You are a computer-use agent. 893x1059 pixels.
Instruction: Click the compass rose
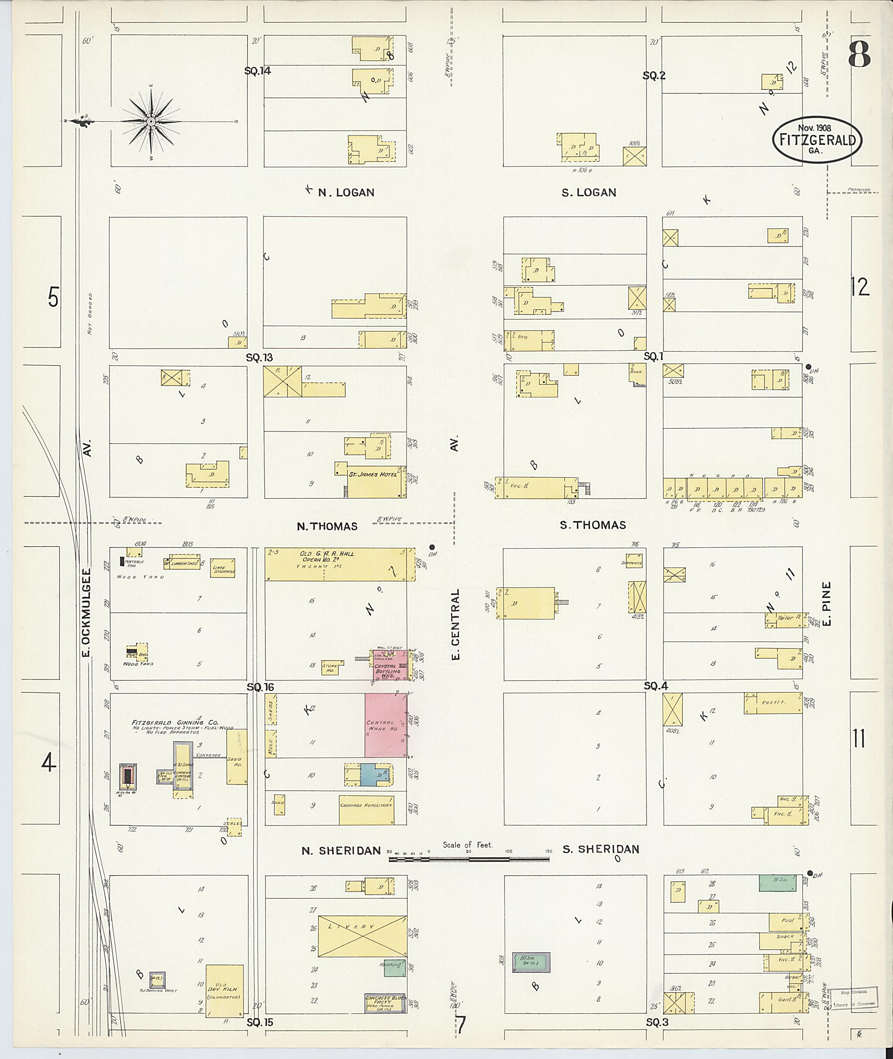pos(151,122)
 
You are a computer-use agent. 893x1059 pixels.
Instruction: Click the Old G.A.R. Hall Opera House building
pos(339,563)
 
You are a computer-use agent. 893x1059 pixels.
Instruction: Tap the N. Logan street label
pos(346,192)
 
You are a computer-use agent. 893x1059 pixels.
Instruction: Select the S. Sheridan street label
pos(601,849)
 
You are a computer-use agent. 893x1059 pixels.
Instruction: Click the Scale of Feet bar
pos(469,858)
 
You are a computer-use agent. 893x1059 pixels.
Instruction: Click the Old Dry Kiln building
pos(224,990)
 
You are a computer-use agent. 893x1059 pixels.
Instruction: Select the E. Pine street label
pos(827,603)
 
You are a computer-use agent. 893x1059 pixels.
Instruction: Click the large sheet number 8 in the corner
pos(859,54)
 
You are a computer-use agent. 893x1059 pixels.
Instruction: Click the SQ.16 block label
pos(260,687)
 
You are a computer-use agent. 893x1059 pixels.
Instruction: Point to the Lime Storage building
pos(223,568)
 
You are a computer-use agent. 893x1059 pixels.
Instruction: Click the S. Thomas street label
pos(593,525)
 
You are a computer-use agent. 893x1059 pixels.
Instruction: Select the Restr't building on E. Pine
pos(773,703)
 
